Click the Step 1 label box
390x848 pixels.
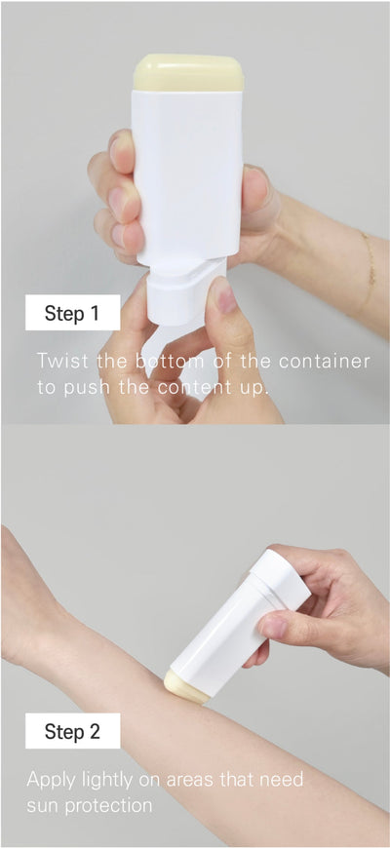tap(72, 312)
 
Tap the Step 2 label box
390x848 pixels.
tap(72, 731)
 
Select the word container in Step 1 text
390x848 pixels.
tap(325, 362)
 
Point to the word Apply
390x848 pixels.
tap(52, 781)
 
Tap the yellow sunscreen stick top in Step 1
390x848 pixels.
tap(188, 72)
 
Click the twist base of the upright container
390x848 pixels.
tap(179, 294)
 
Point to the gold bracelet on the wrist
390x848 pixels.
tap(369, 267)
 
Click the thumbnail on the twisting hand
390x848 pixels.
tap(223, 294)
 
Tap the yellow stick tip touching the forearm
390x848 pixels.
tap(186, 687)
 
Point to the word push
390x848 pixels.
tap(80, 389)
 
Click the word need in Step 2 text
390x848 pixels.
tap(284, 781)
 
